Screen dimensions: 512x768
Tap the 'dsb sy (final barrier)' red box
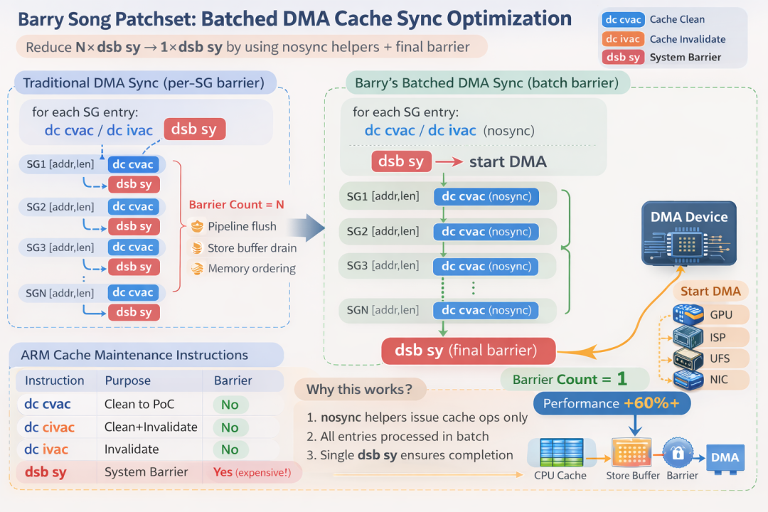tap(468, 351)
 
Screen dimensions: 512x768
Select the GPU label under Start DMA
tap(720, 314)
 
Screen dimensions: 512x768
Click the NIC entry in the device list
tap(720, 380)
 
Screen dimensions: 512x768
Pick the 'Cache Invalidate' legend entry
tap(688, 39)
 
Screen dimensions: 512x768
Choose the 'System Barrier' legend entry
tap(686, 58)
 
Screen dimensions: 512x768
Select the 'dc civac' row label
tap(49, 427)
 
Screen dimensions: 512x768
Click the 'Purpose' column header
tap(128, 381)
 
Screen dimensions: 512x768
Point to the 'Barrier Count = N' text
tap(237, 205)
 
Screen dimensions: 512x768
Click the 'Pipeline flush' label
tap(242, 227)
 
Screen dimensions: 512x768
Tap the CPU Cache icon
tap(560, 453)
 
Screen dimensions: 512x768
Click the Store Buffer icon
tap(632, 453)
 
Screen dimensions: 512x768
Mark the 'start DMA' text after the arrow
tap(508, 161)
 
